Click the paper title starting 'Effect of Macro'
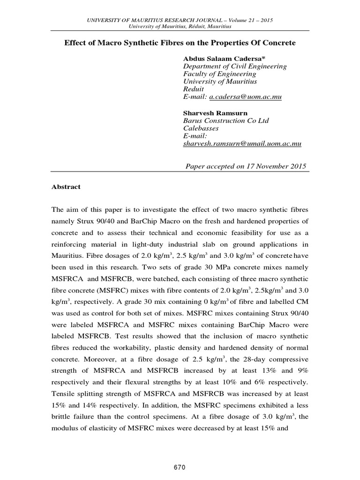pos(180,43)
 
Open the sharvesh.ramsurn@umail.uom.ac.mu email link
pos(242,144)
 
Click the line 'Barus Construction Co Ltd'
pos(226,120)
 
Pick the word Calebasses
pos(201,128)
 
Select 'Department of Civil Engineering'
pos(234,66)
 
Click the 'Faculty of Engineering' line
pos(219,74)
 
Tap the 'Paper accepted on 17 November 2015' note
pos(246,166)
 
